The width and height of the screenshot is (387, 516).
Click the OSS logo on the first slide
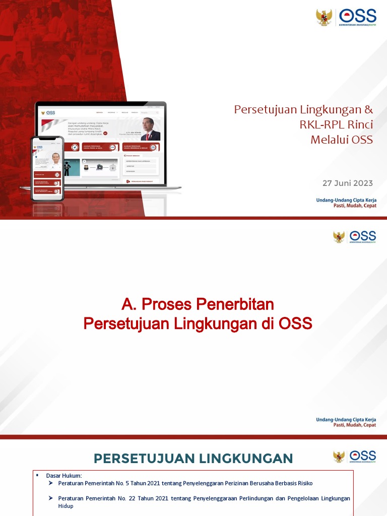tap(357, 17)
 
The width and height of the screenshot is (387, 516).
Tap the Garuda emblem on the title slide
tap(324, 17)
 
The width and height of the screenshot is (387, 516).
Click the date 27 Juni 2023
tap(348, 183)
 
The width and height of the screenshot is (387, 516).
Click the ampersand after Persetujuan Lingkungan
tap(369, 109)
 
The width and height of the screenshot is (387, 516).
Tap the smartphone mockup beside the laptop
tap(47, 168)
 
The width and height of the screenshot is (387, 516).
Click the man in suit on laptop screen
tap(150, 130)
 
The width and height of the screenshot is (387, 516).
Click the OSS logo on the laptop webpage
tap(48, 112)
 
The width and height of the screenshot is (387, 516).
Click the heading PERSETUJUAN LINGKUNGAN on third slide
tap(193, 458)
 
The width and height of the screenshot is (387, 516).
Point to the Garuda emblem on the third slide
tap(339, 457)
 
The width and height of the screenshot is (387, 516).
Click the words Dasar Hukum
tap(63, 475)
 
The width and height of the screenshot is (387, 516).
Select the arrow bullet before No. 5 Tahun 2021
tap(51, 483)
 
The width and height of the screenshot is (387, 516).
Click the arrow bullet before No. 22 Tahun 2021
tap(51, 498)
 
